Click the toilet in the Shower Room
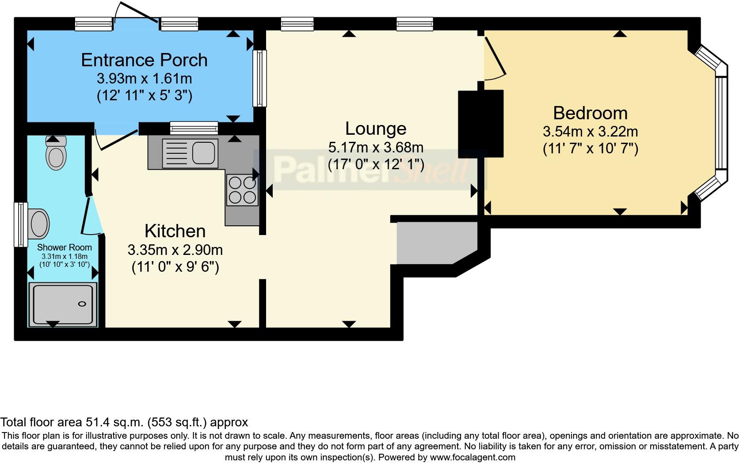click(56, 154)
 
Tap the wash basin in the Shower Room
click(39, 224)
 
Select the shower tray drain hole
click(82, 304)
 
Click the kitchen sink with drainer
click(190, 153)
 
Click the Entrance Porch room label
click(144, 60)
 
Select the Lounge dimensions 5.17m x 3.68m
click(376, 147)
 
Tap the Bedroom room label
click(590, 113)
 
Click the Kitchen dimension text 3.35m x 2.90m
click(175, 250)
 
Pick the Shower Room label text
click(65, 247)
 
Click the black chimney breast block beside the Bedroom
click(481, 123)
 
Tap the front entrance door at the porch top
click(136, 13)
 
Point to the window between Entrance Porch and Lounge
click(259, 78)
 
